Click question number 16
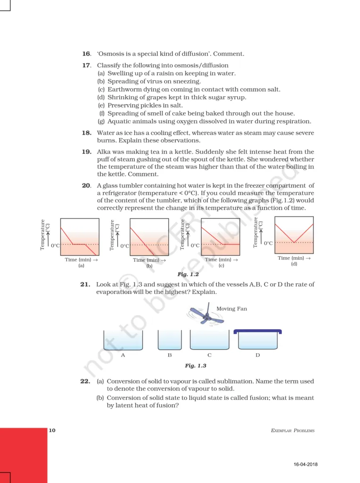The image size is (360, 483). coord(86,54)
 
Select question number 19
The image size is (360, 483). coord(86,152)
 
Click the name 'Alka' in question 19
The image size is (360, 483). coord(106,152)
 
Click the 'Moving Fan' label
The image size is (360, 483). coord(231,309)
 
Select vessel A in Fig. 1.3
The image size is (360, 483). coord(123,340)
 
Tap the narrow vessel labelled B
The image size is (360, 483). coord(169,340)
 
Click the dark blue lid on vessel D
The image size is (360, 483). coord(258,332)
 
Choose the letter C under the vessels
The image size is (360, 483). coord(209,355)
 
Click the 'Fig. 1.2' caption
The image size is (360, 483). coord(188,274)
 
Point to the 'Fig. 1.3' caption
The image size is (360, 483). coord(196,366)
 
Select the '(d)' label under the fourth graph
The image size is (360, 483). coord(294,264)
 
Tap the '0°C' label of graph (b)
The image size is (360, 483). coord(125,246)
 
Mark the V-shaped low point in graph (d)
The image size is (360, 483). coord(294,242)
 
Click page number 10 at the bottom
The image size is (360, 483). coord(52,430)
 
